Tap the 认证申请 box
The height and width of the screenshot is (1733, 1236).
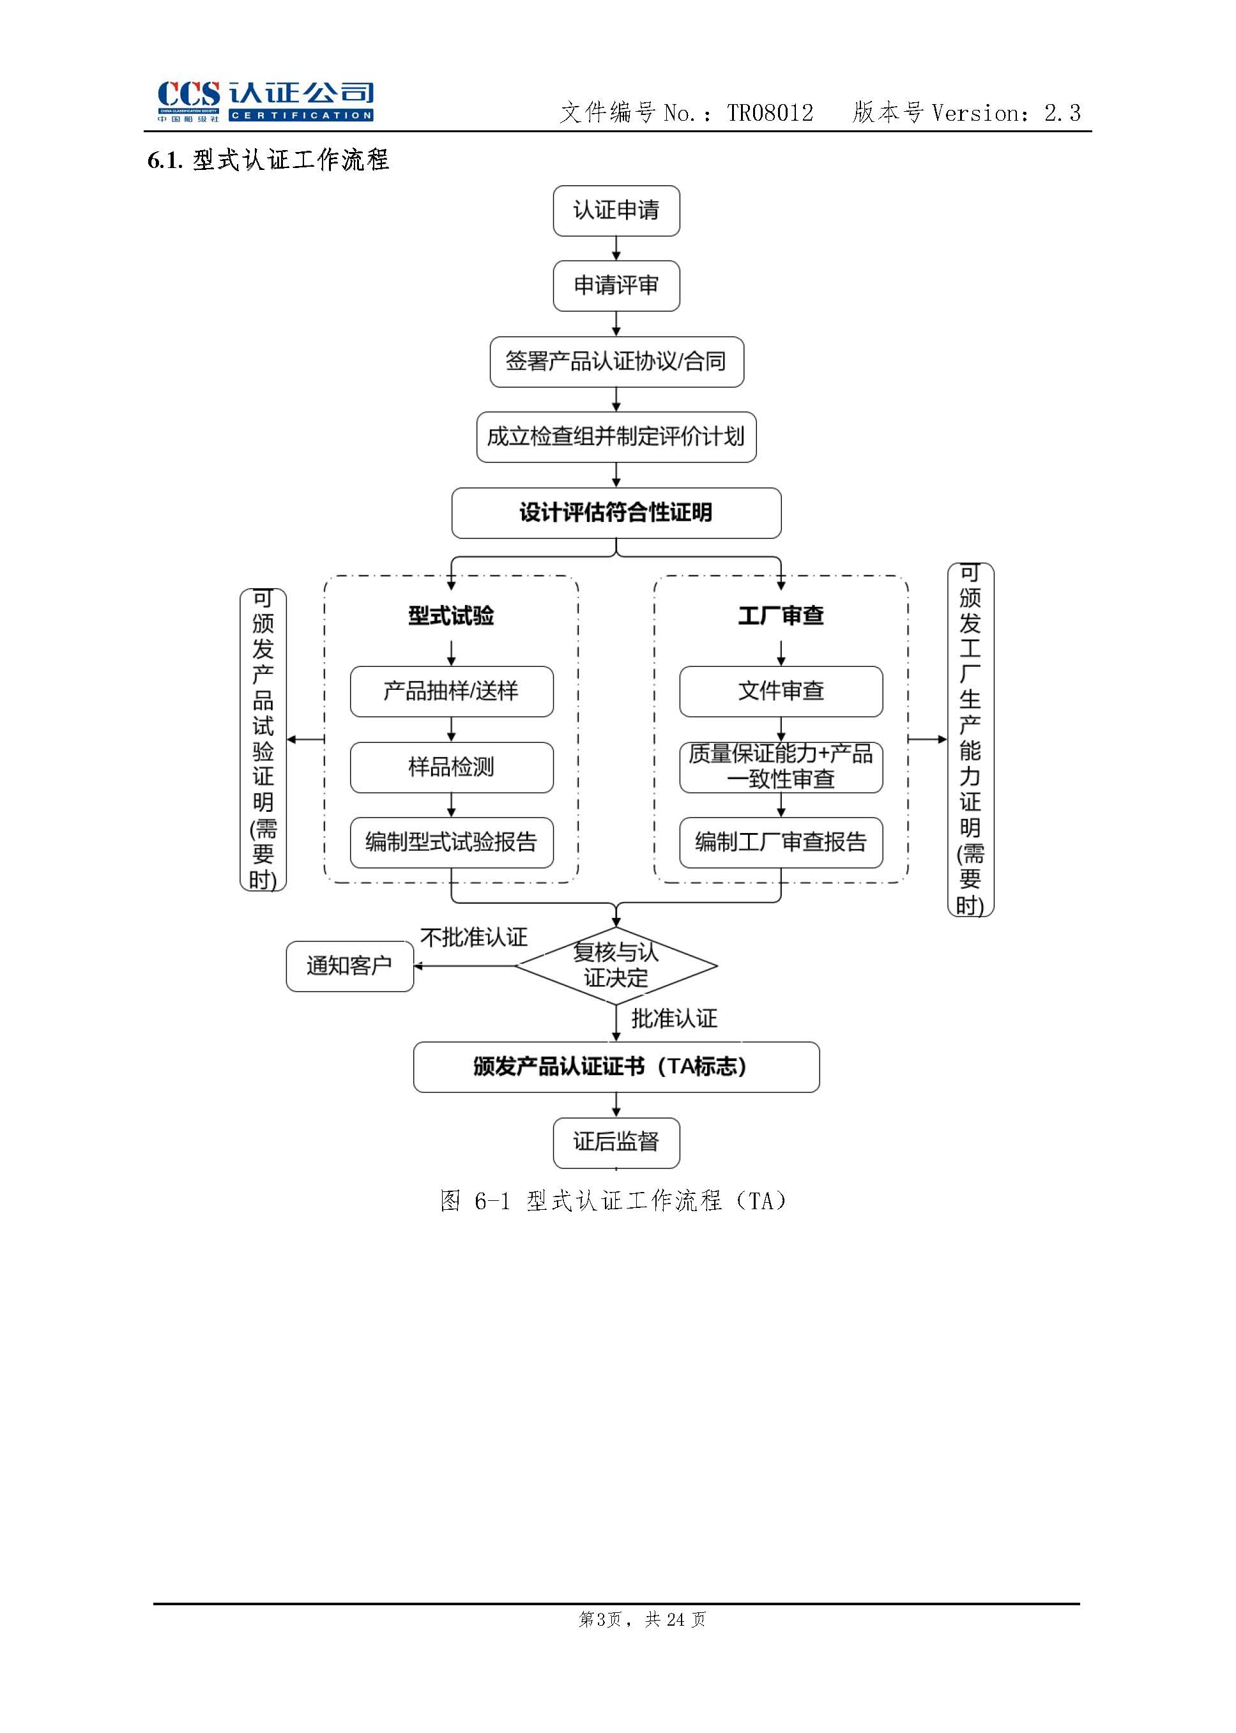point(616,211)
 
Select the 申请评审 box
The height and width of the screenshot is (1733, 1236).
point(616,286)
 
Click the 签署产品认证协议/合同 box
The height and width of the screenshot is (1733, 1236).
point(616,362)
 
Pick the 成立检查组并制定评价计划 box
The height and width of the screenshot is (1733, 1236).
point(616,437)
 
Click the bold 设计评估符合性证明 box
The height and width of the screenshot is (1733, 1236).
point(616,513)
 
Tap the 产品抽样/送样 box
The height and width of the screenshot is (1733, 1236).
point(452,691)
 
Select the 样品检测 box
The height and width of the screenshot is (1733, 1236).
point(452,767)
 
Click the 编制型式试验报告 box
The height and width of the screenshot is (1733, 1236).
point(452,843)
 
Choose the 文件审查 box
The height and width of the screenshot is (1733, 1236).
point(781,691)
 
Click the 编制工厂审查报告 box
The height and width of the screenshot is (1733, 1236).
point(781,843)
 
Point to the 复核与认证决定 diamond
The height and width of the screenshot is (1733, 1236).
point(616,966)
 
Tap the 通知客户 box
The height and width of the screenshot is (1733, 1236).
point(349,966)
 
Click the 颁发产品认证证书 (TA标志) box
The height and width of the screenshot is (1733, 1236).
point(616,1067)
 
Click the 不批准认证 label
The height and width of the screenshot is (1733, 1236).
point(473,938)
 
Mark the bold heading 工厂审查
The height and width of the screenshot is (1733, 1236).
point(781,616)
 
